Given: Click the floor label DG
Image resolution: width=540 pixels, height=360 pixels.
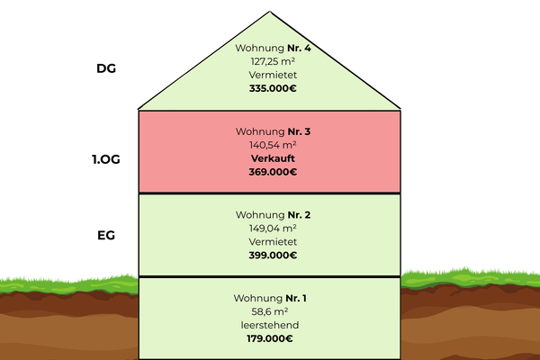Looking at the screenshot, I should [x=107, y=67].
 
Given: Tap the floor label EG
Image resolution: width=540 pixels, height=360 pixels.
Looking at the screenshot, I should [x=107, y=236].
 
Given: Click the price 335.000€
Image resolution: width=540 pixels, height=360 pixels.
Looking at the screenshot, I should [x=271, y=90].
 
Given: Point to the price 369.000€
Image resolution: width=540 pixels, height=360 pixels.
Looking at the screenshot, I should [x=271, y=172].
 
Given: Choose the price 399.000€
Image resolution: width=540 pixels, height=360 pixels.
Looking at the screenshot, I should [x=271, y=256].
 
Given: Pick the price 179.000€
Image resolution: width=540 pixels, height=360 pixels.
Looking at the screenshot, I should [x=271, y=338].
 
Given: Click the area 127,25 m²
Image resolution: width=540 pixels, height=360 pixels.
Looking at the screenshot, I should [x=271, y=62].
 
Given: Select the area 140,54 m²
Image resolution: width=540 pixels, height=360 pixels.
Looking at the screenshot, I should [x=271, y=144].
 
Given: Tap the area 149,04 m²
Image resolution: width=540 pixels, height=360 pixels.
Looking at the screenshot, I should [x=271, y=228].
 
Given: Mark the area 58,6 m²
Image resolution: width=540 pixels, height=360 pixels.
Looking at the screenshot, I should [x=271, y=310].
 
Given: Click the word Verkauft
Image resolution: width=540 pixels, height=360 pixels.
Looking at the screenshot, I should [x=271, y=157].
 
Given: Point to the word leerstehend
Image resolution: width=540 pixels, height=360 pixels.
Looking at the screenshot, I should [x=271, y=324].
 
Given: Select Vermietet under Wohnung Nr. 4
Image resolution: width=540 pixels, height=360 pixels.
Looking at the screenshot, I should [x=271, y=76].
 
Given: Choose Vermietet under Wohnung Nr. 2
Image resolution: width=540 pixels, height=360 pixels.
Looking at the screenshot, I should [x=271, y=241].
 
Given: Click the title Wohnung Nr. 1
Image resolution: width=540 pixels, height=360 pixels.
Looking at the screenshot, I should [x=271, y=297].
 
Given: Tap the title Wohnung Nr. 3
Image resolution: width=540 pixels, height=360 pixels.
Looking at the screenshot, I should [x=271, y=130].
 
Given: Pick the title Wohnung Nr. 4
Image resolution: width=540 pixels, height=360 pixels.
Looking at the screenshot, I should [x=271, y=48].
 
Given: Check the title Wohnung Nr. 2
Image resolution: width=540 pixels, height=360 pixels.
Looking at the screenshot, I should [x=271, y=214].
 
